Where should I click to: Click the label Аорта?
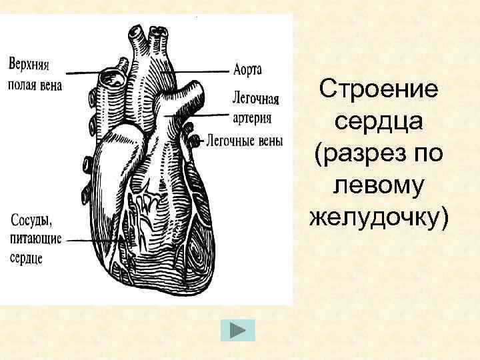tap(248, 69)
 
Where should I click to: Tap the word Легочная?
tap(255, 97)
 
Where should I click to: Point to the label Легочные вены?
tap(244, 141)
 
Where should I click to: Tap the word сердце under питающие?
tap(27, 257)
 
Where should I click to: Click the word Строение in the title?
tap(378, 88)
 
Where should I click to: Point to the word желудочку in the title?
tap(378, 219)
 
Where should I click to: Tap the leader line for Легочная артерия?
tap(207, 115)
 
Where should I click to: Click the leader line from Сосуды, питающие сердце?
tap(90, 238)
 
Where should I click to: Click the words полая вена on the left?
tap(35, 85)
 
